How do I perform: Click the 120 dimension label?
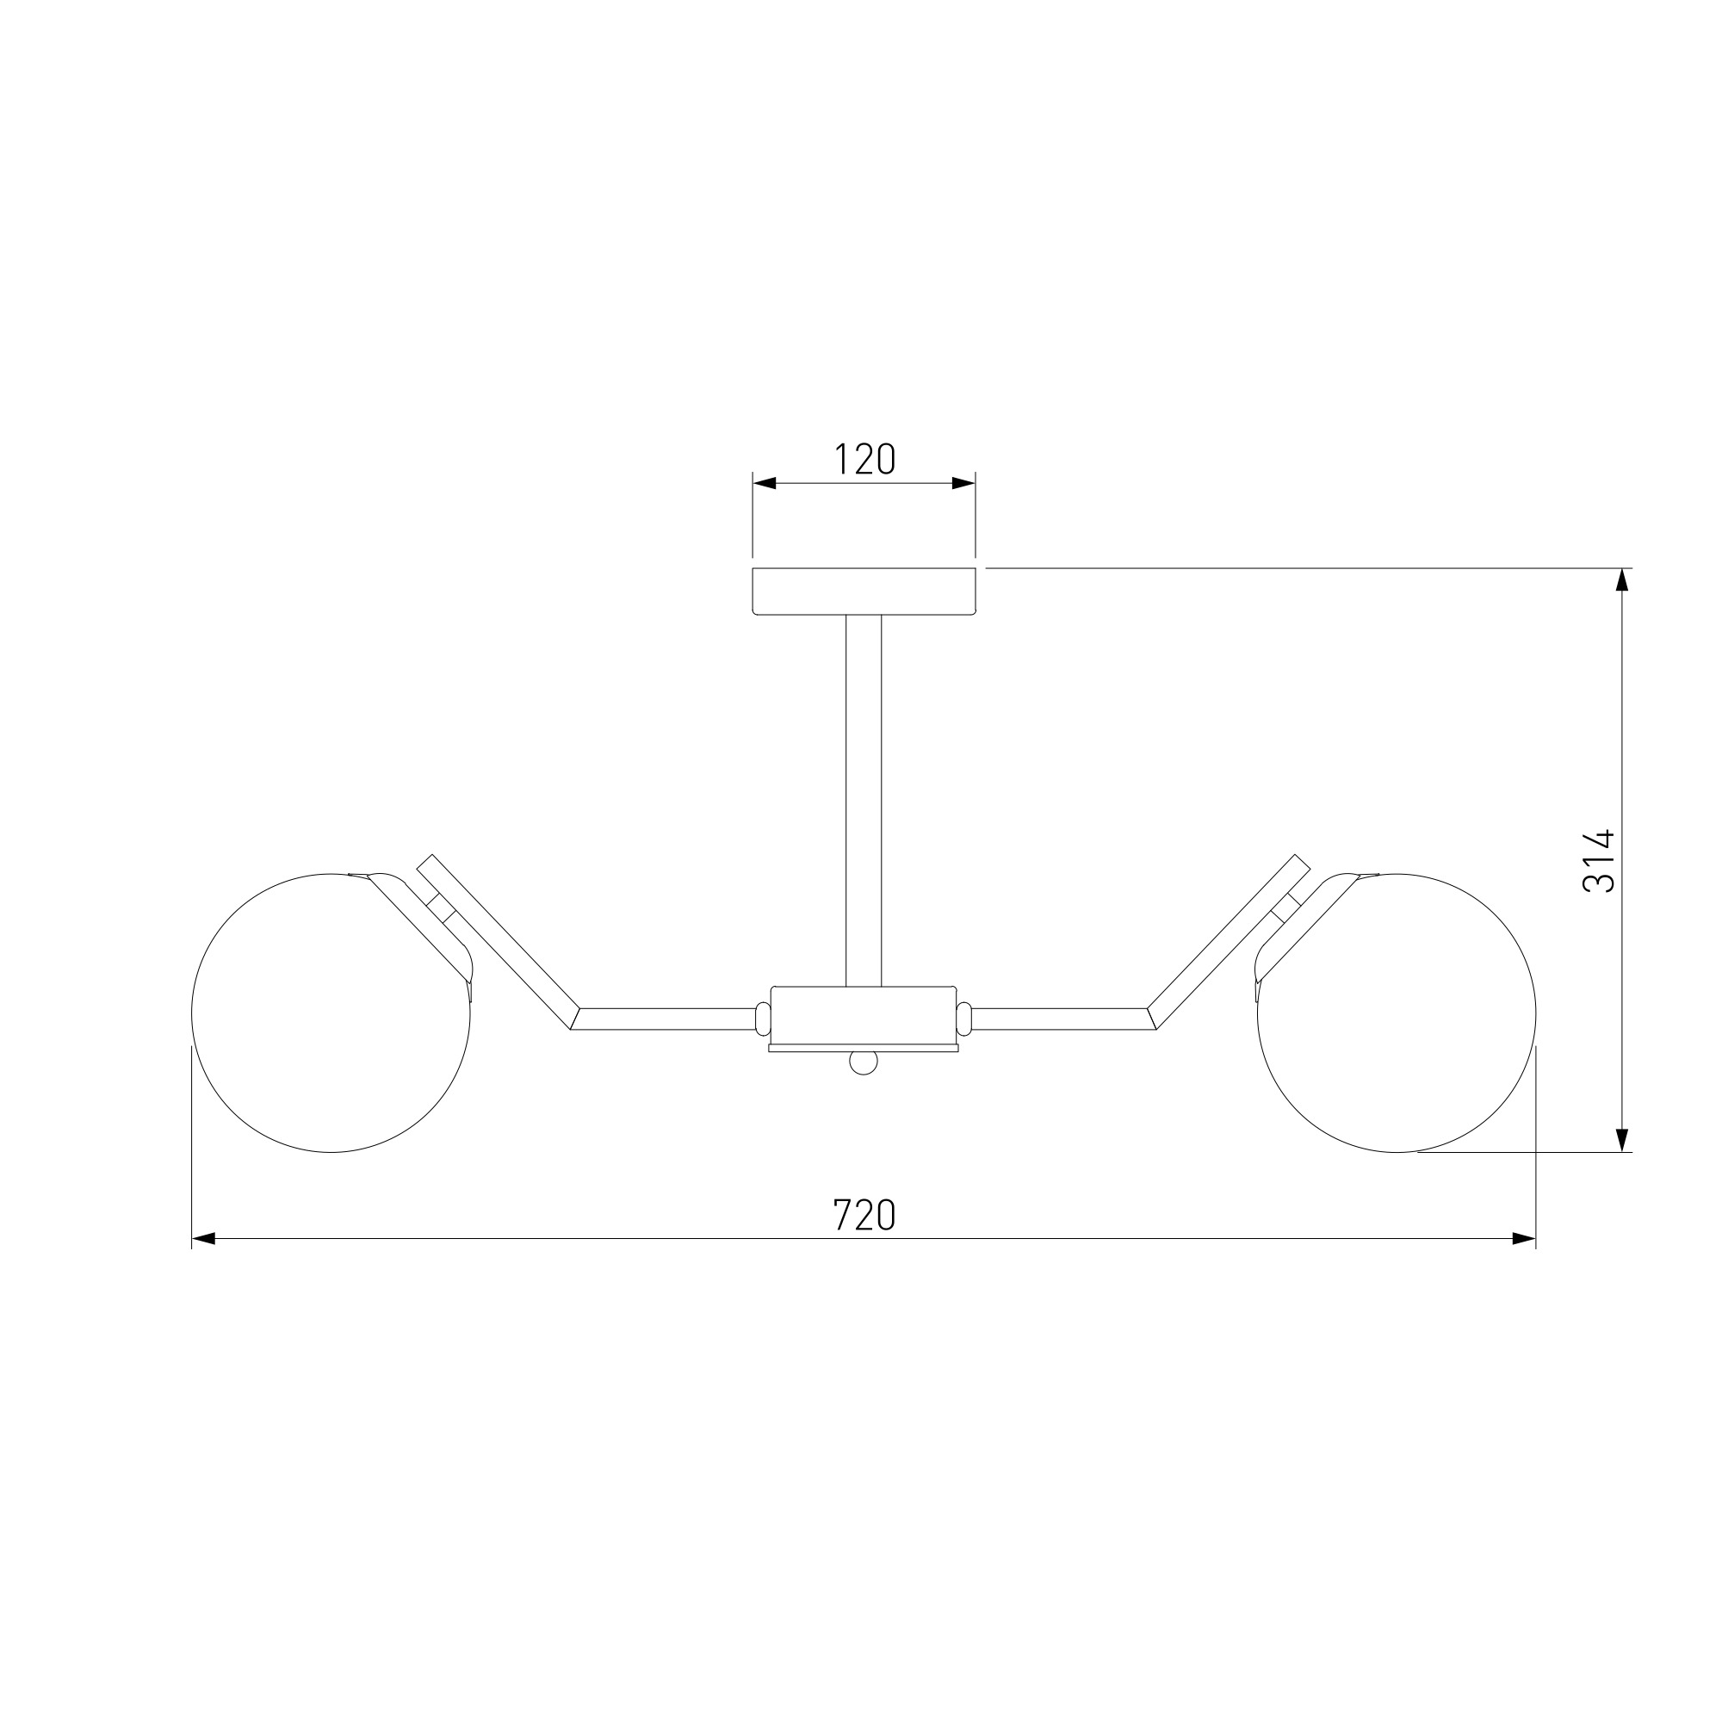(864, 459)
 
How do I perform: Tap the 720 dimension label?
(864, 1215)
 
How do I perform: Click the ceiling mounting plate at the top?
(864, 591)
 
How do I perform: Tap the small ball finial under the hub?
(864, 1062)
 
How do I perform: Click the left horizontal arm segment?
(665, 1019)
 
